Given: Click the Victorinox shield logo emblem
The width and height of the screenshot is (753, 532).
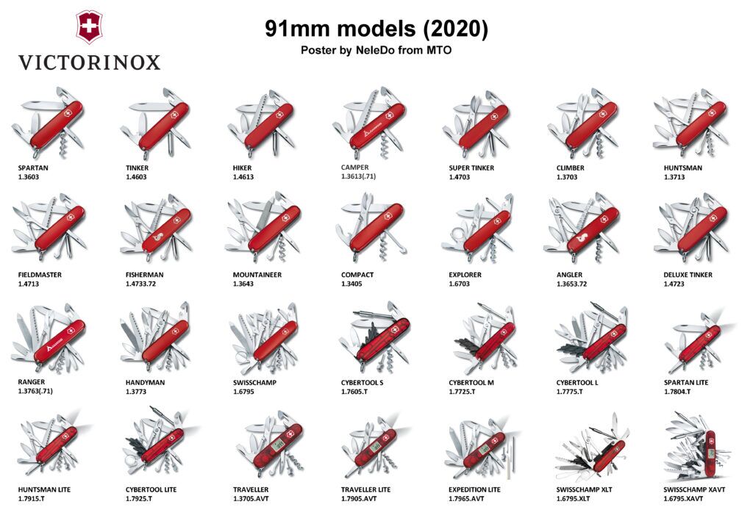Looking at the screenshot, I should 89,27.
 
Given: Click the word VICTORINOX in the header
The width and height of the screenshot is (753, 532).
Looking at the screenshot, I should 89,62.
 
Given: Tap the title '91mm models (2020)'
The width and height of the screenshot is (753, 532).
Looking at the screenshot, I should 376,29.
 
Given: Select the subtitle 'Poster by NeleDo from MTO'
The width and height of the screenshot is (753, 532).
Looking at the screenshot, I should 376,50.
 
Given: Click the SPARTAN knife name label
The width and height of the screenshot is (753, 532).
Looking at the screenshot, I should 33,168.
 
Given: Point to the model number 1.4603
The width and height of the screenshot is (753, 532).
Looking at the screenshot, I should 137,177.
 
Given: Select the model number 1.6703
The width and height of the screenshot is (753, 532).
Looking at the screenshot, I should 460,284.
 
